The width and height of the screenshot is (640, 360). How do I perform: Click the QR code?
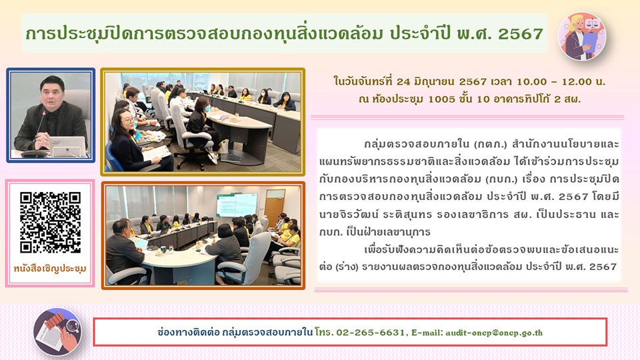tap(50, 223)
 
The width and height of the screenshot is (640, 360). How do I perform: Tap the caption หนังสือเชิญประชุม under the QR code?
tap(50, 269)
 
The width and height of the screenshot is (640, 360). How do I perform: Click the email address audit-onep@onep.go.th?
tap(494, 333)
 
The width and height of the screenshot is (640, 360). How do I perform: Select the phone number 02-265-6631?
tap(371, 333)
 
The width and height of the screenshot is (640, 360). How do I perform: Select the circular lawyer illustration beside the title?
tap(581, 36)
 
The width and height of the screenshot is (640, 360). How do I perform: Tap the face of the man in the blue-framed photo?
tap(52, 93)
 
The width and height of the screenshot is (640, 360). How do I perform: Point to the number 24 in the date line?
tap(403, 81)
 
